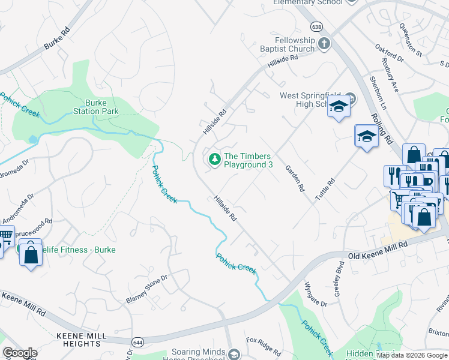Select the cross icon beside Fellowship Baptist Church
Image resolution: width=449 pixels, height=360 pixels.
[324, 44]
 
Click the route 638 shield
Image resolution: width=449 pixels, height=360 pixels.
[317, 26]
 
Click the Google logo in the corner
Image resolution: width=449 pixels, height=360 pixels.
[20, 353]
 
